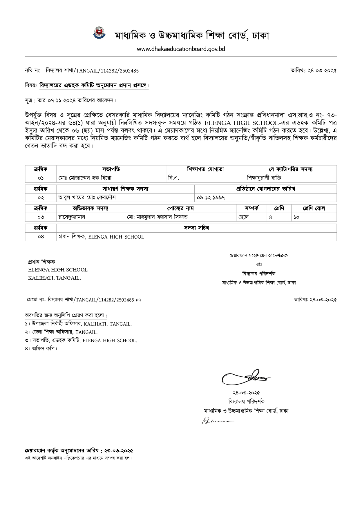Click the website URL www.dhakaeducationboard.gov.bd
[181, 49]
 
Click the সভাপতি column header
[111, 169]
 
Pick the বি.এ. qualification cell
[174, 178]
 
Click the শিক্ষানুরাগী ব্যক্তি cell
[264, 178]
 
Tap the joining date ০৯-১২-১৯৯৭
[211, 198]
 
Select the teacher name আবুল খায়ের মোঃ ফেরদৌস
[87, 198]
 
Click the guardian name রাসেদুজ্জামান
[72, 217]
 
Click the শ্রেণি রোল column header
[314, 208]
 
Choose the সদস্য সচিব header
[196, 228]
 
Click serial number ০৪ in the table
[41, 237]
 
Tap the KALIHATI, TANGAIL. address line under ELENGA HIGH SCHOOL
[55, 278]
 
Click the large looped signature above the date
[245, 377]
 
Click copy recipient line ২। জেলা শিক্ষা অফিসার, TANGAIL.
[61, 332]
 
